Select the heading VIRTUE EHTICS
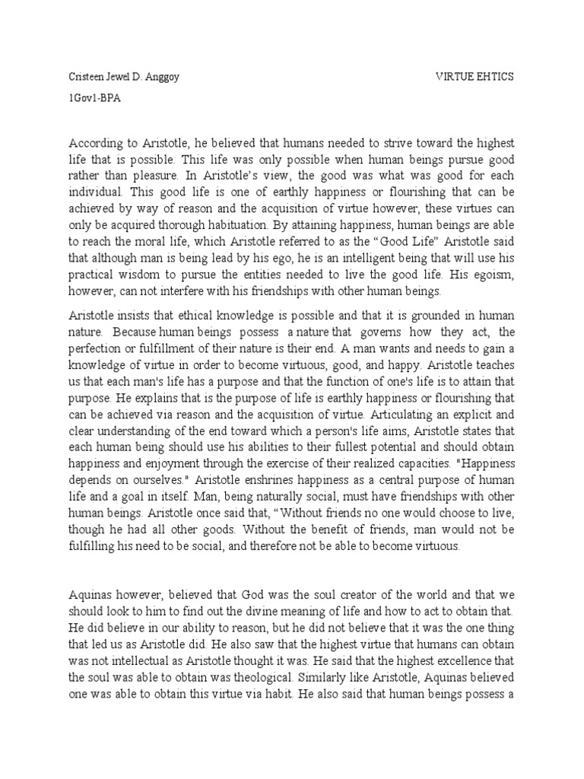(x=474, y=77)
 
